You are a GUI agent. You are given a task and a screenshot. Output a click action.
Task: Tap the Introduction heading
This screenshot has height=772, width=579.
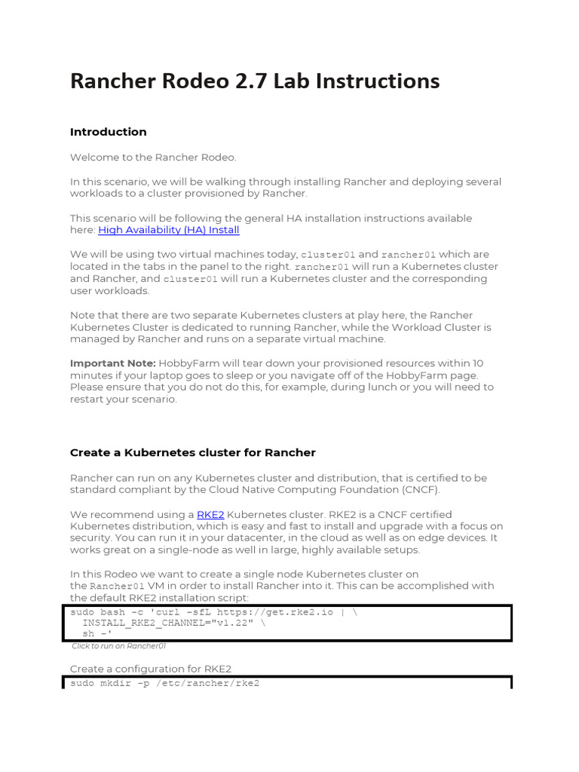(x=108, y=132)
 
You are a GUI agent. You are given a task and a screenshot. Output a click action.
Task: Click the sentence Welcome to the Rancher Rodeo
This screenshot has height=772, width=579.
(x=153, y=158)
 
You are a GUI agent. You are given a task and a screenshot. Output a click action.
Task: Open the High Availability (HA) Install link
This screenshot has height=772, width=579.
(x=169, y=230)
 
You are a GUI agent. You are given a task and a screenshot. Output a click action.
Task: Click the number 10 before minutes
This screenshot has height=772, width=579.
(x=478, y=363)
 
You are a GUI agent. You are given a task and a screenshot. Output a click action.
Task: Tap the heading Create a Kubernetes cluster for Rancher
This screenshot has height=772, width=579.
(x=192, y=453)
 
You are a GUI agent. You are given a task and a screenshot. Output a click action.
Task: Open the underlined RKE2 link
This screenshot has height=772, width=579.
(x=210, y=514)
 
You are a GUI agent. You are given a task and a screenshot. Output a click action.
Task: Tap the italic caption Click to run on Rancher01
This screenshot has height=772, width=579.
(x=118, y=646)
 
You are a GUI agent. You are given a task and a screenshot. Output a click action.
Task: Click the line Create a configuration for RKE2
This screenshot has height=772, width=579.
(x=151, y=669)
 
